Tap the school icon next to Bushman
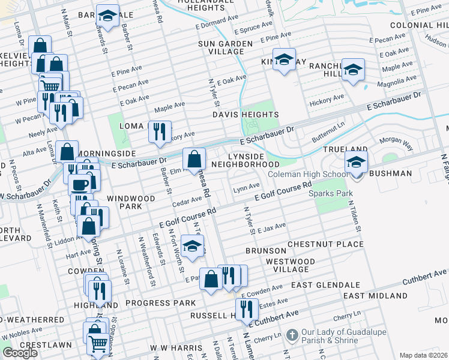(356, 163)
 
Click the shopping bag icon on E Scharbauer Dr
(194, 160)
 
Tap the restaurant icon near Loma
(160, 132)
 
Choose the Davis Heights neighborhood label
(245, 114)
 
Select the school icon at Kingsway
(285, 61)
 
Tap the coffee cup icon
(80, 185)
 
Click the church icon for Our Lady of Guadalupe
(292, 334)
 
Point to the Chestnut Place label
(325, 244)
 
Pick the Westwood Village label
(290, 266)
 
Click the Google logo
(20, 353)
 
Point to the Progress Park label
(152, 303)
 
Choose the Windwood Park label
(124, 202)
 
